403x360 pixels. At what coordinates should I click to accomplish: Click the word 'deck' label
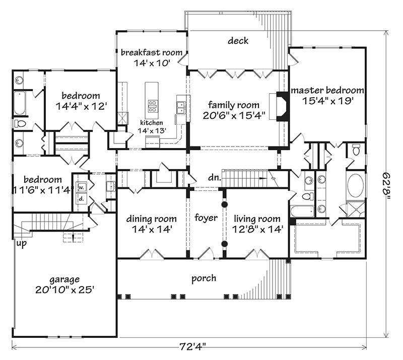[238, 41]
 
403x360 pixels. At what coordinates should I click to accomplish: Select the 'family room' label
[234, 105]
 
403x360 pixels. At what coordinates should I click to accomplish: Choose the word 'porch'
[204, 278]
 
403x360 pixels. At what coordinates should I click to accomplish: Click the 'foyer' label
[206, 219]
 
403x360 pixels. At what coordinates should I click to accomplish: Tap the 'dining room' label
[151, 219]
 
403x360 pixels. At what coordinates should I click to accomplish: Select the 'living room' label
[257, 219]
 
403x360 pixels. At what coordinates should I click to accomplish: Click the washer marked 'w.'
[80, 188]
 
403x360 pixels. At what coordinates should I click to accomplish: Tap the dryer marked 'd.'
[81, 199]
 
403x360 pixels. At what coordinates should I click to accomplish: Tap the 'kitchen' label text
[152, 122]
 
